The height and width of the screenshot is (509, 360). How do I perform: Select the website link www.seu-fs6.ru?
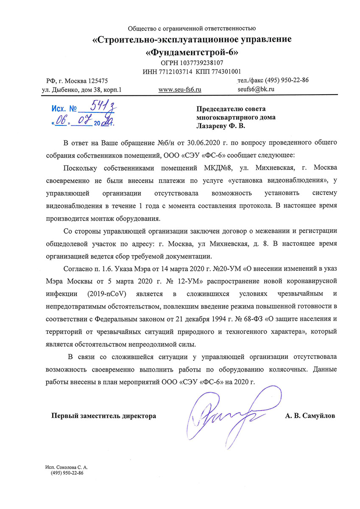click(179, 89)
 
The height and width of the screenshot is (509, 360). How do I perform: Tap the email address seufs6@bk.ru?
click(257, 89)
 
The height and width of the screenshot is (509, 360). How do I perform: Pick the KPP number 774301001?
click(224, 71)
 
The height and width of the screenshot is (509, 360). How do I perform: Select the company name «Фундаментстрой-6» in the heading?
click(192, 53)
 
